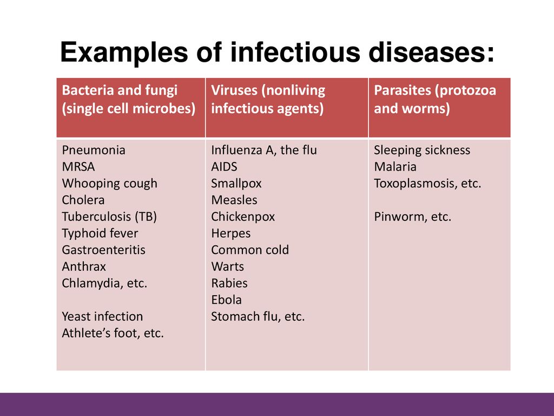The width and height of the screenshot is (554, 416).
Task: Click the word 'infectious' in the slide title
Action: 295,52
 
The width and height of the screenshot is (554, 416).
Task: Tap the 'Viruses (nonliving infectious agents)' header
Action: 268,100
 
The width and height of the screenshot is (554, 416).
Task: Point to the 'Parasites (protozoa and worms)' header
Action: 435,100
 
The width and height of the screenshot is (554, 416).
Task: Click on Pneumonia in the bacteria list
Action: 94,150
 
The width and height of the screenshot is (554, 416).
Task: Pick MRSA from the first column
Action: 78,167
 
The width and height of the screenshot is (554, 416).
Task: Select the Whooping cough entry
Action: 109,184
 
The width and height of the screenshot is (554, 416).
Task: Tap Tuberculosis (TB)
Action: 109,217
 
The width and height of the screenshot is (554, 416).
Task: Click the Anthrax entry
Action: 84,266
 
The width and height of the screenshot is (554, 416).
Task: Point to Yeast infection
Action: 102,316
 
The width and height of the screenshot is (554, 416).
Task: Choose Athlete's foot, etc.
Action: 113,333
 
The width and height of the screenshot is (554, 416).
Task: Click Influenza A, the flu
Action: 264,150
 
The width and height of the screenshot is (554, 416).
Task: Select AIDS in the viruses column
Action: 225,167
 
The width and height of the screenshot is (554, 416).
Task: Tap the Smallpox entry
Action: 236,184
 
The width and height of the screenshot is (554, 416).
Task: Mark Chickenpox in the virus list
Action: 243,217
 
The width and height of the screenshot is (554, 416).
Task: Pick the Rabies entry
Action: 229,283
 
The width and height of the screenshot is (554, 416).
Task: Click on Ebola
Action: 227,300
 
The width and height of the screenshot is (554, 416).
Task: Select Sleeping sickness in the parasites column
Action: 422,150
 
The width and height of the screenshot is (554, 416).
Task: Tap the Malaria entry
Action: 395,167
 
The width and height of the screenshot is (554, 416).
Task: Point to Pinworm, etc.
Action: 413,217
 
